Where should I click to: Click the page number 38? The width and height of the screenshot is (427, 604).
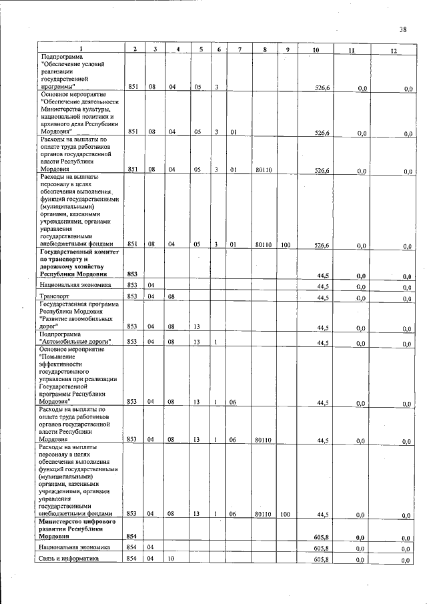[x=403, y=29]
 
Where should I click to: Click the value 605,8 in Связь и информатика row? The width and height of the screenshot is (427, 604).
[x=322, y=559]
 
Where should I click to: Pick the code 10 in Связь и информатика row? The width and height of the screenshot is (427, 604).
[x=171, y=559]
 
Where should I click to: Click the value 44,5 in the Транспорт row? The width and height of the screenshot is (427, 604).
[x=324, y=297]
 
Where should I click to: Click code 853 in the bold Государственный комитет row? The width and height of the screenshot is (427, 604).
[x=131, y=274]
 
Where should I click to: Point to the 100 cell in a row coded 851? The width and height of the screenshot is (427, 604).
[x=285, y=245]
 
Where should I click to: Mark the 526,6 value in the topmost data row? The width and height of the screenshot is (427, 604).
[x=322, y=87]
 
